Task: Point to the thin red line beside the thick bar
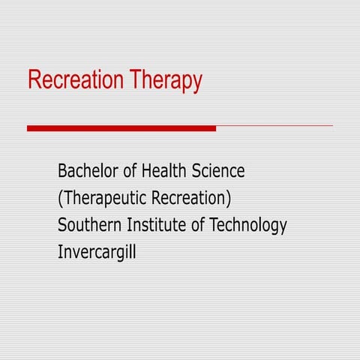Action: click(x=274, y=126)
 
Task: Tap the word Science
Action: click(x=217, y=171)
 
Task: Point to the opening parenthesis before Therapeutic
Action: click(x=60, y=199)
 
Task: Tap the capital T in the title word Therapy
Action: click(x=134, y=79)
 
